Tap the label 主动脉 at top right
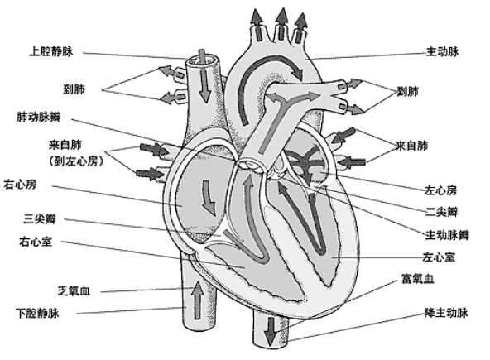[442, 50]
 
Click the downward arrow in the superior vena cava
[204, 87]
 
